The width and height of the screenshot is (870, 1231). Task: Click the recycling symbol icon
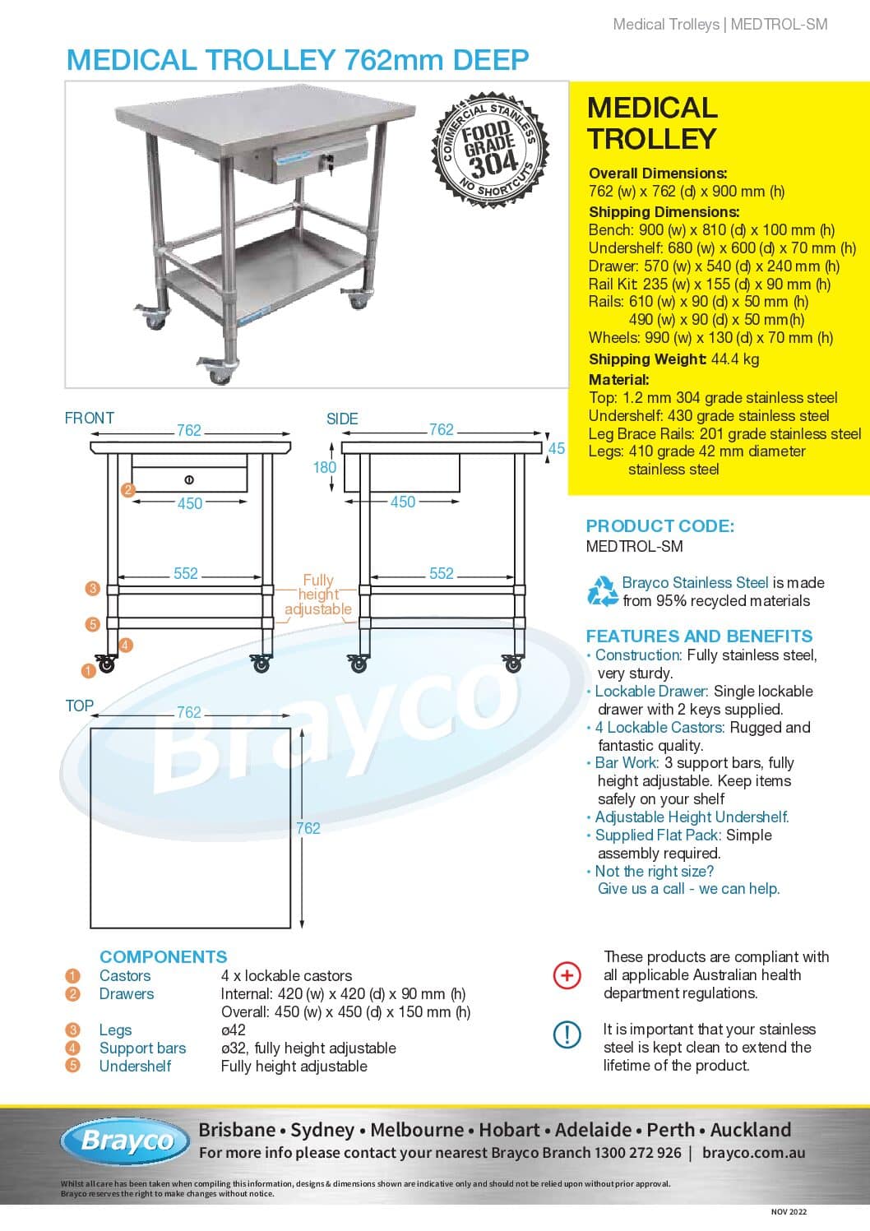[603, 591]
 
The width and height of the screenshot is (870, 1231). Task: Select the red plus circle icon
[567, 975]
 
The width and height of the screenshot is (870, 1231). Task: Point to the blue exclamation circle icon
[567, 1034]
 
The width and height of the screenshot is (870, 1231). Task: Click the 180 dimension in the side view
[325, 467]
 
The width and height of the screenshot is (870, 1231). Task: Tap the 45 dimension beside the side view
[557, 448]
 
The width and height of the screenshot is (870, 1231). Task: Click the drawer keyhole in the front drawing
[189, 479]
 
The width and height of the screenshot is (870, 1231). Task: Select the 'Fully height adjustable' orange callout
[318, 595]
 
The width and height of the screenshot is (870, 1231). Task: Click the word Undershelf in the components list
[135, 1066]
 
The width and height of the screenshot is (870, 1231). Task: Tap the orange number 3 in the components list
[73, 1030]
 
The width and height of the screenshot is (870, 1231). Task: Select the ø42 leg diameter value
[234, 1030]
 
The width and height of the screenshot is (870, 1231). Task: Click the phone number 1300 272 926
[639, 1152]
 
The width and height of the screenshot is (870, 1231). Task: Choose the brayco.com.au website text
[753, 1152]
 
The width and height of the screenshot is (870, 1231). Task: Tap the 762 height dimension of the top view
[308, 828]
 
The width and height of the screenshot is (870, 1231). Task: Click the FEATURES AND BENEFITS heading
[699, 636]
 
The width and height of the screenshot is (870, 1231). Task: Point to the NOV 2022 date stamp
[789, 1211]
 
